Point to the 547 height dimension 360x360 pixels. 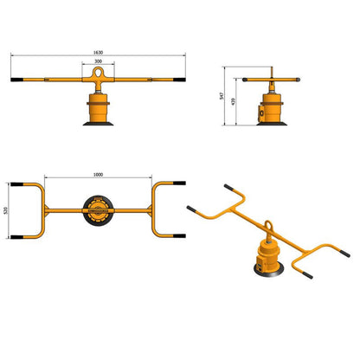pyautogui.click(x=223, y=97)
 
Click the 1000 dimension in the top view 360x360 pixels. pyautogui.click(x=97, y=177)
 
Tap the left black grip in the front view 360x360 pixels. pyautogui.click(x=16, y=80)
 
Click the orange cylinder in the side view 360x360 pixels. pyautogui.click(x=271, y=109)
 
